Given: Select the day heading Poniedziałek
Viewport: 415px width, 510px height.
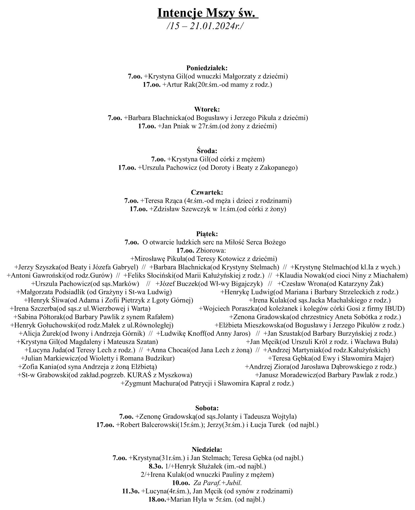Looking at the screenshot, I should (207, 68).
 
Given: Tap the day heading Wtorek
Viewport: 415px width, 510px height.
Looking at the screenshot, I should (207, 109).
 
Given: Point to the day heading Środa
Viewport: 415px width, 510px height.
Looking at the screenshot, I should (207, 151).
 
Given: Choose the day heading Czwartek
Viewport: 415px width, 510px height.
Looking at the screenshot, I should (207, 192).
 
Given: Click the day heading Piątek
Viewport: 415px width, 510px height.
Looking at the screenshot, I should (207, 234).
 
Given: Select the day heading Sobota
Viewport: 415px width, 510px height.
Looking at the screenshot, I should (207, 408).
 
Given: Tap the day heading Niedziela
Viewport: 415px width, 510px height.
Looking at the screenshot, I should (207, 449).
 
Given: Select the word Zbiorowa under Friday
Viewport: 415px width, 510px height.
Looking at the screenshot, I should (211, 250).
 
